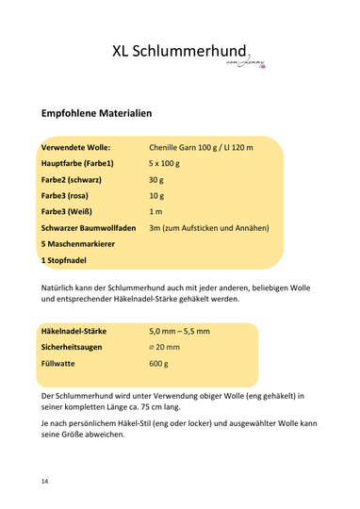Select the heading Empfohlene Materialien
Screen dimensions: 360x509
click(97, 113)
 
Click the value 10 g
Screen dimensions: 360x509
click(156, 206)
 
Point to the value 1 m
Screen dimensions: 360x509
click(155, 228)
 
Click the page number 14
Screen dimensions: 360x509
click(45, 482)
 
